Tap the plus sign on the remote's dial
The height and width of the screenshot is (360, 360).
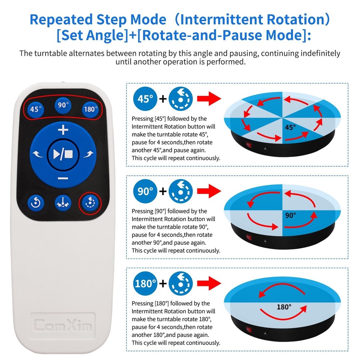tap(63, 129)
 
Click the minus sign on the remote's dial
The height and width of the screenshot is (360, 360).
tap(63, 179)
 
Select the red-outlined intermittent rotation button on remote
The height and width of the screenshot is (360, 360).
tap(90, 203)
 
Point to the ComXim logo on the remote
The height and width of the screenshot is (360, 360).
tap(63, 325)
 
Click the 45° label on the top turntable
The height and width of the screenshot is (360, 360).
tap(290, 127)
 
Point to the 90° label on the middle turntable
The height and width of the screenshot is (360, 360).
tap(290, 215)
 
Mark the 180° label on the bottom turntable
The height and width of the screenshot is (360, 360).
tap(284, 307)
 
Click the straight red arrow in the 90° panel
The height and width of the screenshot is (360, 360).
tap(209, 190)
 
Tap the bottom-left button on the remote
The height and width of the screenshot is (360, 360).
tap(36, 203)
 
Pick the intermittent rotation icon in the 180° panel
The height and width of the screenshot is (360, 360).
tap(181, 283)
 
